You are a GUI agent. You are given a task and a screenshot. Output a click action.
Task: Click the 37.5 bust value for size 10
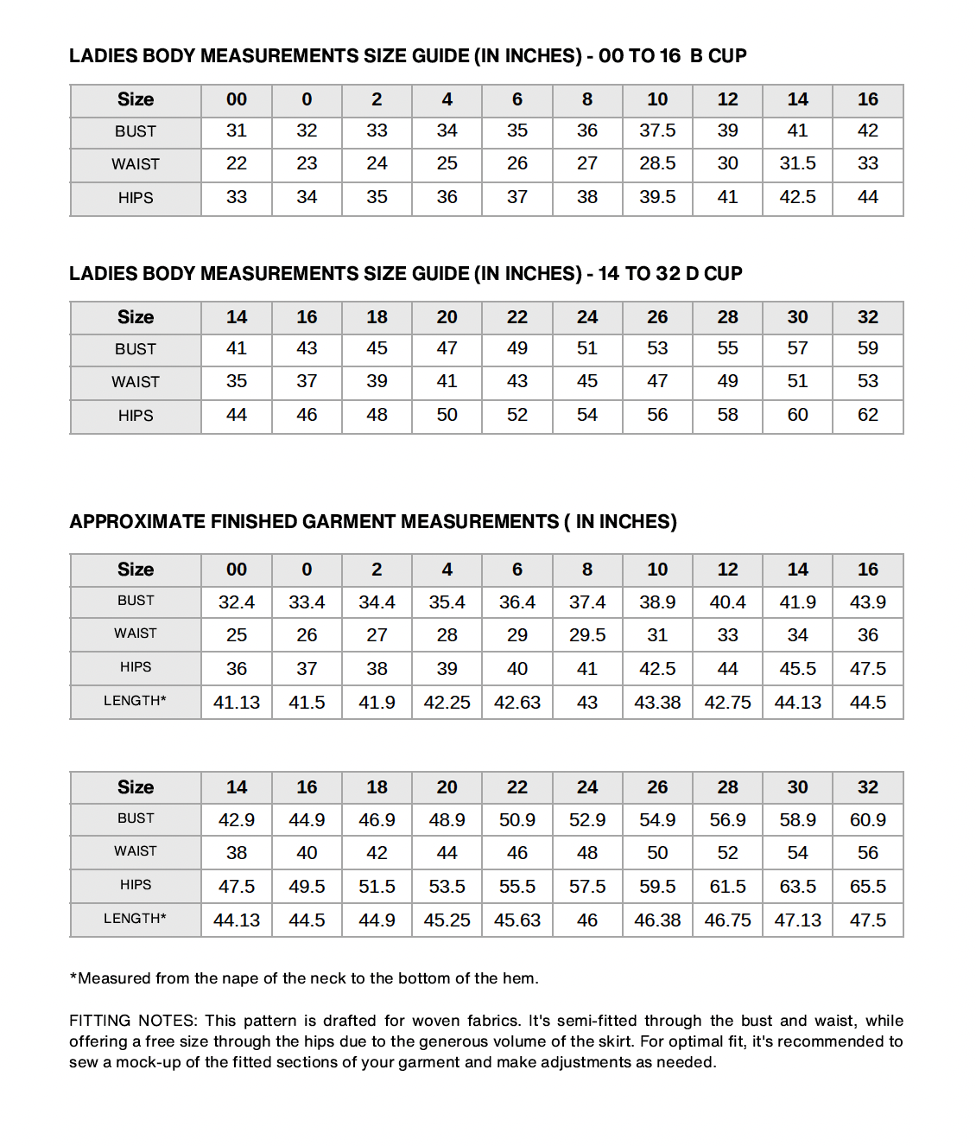pyautogui.click(x=657, y=131)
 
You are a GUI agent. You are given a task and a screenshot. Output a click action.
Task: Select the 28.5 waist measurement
pyautogui.click(x=657, y=163)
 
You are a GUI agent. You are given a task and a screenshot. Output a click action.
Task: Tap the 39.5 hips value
pyautogui.click(x=657, y=197)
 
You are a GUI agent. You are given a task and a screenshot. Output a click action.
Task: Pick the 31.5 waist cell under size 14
pyautogui.click(x=797, y=163)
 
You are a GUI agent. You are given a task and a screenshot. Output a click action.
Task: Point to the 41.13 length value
pyautogui.click(x=237, y=703)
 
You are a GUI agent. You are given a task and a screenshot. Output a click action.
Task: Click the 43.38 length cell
pyautogui.click(x=657, y=703)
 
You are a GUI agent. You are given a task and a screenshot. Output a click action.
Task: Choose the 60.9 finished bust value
pyautogui.click(x=867, y=820)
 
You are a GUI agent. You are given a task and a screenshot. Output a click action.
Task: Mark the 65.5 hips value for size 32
pyautogui.click(x=867, y=887)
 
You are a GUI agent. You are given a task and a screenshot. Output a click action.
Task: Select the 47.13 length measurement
pyautogui.click(x=797, y=920)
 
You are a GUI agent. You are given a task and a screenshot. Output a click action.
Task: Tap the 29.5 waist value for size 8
pyautogui.click(x=587, y=635)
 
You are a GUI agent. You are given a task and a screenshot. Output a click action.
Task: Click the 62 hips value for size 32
pyautogui.click(x=867, y=415)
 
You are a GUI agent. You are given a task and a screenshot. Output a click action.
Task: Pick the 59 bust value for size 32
pyautogui.click(x=867, y=348)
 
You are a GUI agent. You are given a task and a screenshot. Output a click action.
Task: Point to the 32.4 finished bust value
pyautogui.click(x=237, y=602)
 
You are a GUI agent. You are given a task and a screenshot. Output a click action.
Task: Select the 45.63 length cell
pyautogui.click(x=517, y=920)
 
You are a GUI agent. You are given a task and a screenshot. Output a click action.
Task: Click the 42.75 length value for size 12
pyautogui.click(x=727, y=703)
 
